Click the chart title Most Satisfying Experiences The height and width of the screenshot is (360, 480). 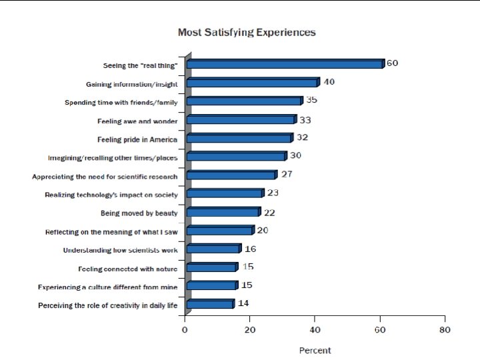tap(247, 33)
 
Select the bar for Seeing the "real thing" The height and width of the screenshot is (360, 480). tap(285, 64)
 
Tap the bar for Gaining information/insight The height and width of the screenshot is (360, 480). tap(253, 83)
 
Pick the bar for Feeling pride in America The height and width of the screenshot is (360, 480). tap(240, 138)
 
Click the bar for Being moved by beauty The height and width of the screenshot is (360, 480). tap(224, 212)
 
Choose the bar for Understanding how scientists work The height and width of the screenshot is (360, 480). tap(214, 249)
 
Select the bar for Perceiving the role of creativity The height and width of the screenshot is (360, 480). tap(211, 304)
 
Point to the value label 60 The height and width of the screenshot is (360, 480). tap(392, 63)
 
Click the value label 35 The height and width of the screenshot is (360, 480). tap(311, 100)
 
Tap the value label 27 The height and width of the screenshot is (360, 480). tap(287, 174)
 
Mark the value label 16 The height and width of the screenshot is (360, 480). tap(251, 249)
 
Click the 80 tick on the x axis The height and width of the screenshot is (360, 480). tap(445, 330)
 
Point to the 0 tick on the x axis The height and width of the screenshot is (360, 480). tap(185, 330)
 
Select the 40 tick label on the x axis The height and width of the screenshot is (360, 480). tap(315, 330)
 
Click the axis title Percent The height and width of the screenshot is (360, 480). tap(315, 351)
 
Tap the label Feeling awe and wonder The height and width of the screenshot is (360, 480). tap(137, 121)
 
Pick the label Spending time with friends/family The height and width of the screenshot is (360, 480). tap(121, 103)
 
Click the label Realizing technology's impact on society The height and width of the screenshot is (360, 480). tap(111, 195)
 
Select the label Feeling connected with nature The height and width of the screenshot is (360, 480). tap(127, 269)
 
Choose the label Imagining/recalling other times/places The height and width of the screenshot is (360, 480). tap(113, 158)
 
